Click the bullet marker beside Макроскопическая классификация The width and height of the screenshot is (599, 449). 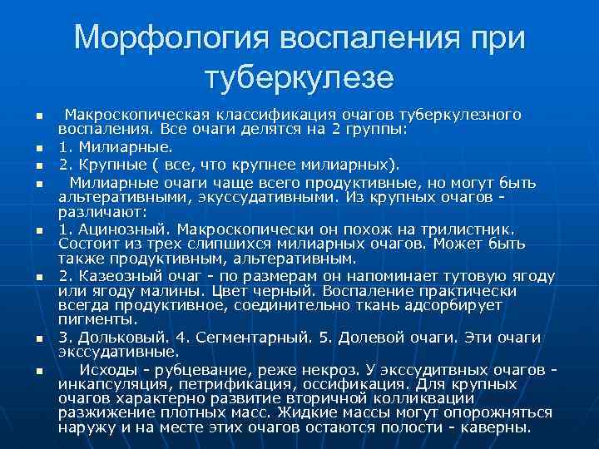point(38,115)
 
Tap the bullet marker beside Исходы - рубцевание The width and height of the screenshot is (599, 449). point(38,370)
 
